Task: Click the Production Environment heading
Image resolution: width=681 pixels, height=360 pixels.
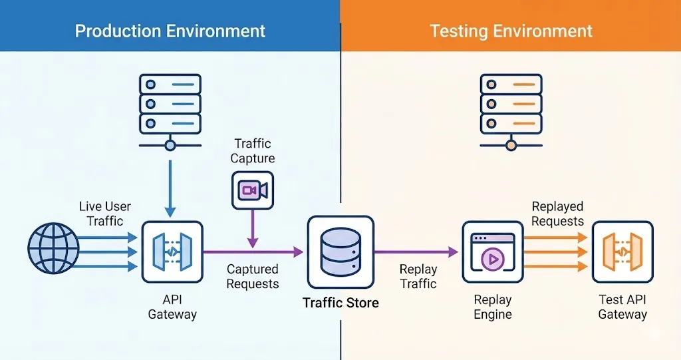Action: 170,31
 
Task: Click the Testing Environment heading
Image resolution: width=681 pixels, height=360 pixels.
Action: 511,31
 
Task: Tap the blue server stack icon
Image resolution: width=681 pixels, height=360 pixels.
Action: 170,106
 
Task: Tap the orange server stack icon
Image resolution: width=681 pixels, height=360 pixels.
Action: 511,106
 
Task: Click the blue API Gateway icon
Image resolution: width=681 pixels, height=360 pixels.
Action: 172,252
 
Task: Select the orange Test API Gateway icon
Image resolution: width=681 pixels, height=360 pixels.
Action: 622,252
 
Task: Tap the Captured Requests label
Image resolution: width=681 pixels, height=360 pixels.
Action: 253,276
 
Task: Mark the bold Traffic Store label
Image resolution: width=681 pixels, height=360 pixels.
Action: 340,303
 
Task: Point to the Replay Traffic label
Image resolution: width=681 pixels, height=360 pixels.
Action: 418,277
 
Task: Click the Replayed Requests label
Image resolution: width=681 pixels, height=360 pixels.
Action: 557,214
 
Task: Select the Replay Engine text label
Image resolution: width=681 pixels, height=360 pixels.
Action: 492,307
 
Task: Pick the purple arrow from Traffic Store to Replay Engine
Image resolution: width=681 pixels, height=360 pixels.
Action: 416,252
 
